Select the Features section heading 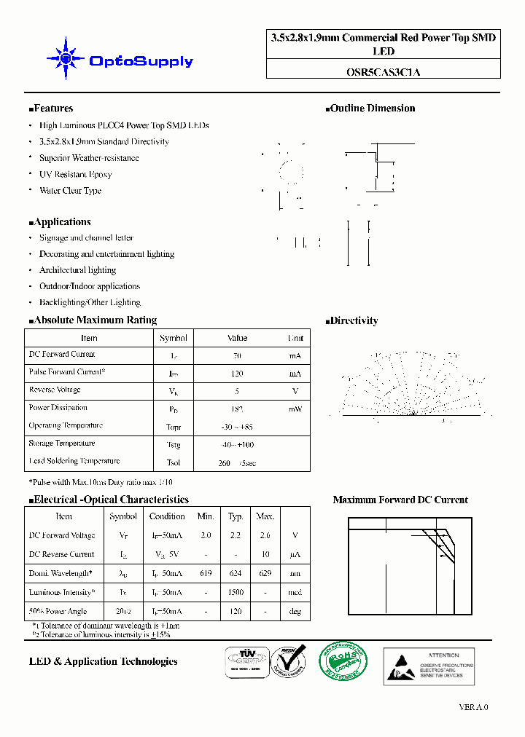tap(51, 109)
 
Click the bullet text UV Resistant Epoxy tap(75, 175)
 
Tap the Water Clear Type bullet tap(70, 191)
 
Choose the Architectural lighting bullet tap(77, 270)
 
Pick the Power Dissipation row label tap(58, 408)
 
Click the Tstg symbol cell tap(174, 445)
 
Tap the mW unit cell tap(295, 409)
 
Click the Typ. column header tap(236, 516)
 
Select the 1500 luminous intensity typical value tap(236, 593)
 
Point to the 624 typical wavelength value tap(236, 574)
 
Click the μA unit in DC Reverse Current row tap(295, 555)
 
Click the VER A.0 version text tap(473, 707)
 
